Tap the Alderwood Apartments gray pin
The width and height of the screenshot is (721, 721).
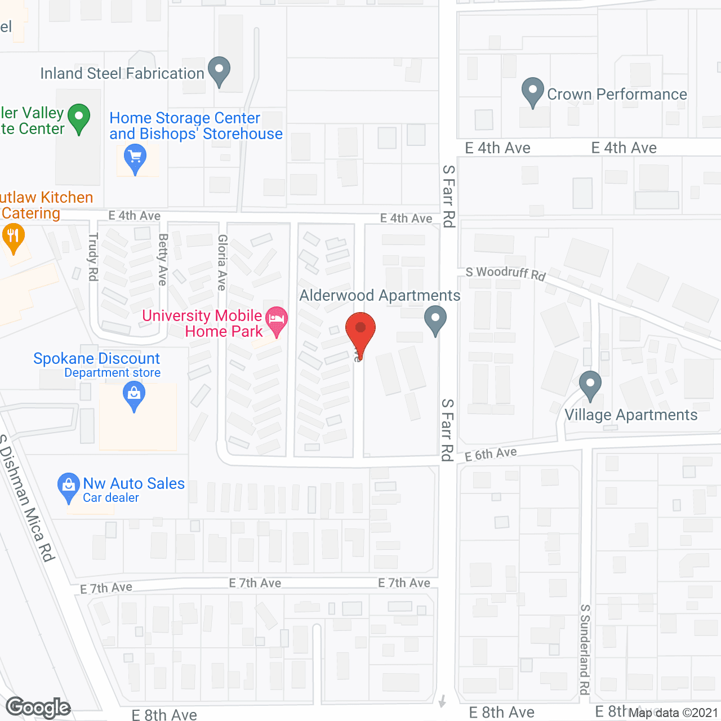[435, 319]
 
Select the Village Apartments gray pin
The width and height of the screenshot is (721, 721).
[590, 385]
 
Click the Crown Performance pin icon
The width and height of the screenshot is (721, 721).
[532, 91]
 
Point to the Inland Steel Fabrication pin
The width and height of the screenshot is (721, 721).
[219, 71]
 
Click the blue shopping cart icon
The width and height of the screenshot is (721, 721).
[135, 158]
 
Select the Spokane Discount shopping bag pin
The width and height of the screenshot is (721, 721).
[134, 395]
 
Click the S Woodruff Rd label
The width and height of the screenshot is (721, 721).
[505, 273]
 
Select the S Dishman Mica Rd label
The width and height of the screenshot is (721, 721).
[28, 499]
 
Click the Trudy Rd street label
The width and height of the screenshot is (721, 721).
[93, 257]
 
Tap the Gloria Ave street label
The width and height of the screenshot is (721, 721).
[222, 262]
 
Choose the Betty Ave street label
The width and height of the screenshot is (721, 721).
[163, 260]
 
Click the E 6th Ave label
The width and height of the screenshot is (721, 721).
[491, 453]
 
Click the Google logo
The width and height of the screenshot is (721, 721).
[38, 707]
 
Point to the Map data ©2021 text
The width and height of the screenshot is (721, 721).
[673, 713]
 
